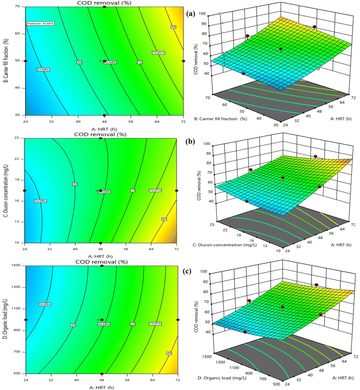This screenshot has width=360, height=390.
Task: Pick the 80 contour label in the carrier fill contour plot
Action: click(173, 27)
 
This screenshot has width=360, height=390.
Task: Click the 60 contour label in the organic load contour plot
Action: click(73, 324)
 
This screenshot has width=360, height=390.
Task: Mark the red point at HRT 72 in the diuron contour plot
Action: click(177, 191)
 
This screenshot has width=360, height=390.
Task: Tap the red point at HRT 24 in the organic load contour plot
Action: click(26, 320)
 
